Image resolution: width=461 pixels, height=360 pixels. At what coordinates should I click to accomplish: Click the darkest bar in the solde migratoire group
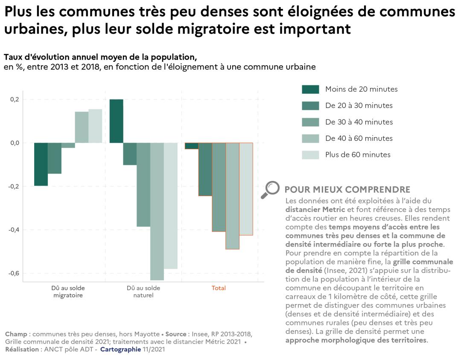[x=41, y=164]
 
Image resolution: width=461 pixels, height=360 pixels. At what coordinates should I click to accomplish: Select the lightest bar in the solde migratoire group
[x=95, y=126]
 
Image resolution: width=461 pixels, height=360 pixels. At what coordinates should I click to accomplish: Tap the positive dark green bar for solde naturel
[x=117, y=121]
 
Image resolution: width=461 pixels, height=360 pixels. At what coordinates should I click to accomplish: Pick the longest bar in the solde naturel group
[x=157, y=211]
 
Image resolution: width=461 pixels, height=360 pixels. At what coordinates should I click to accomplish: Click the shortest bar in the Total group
[x=191, y=146]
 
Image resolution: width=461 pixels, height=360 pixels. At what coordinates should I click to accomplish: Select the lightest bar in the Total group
[x=246, y=189]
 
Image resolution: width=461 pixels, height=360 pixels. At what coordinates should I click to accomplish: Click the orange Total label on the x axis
[x=219, y=288]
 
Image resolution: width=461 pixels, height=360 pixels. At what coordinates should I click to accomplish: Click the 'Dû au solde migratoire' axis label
[x=68, y=291]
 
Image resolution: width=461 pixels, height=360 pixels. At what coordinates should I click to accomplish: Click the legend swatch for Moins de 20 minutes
[x=310, y=89]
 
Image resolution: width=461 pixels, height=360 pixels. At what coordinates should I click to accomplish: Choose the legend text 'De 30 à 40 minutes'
[x=359, y=122]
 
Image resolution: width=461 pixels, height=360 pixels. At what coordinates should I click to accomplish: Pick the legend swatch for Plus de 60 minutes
[x=310, y=155]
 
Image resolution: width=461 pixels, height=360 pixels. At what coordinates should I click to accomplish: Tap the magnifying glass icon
[x=270, y=190]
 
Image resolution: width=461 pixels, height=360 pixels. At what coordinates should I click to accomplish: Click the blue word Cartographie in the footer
[x=120, y=349]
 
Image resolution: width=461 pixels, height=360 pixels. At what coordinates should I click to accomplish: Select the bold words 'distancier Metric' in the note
[x=315, y=209]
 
